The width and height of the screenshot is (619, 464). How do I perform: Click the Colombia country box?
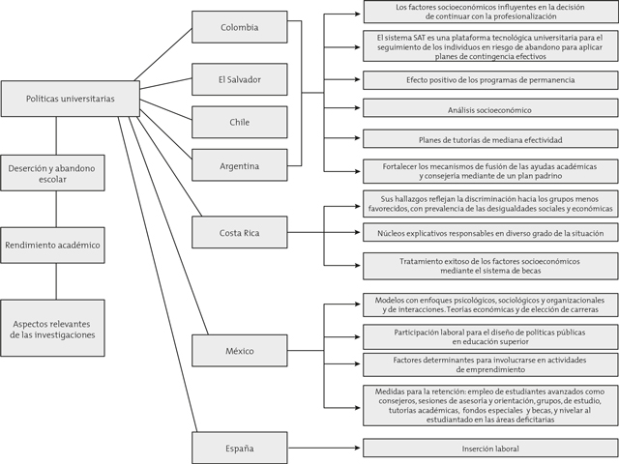point(239,27)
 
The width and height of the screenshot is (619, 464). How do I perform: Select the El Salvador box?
point(239,77)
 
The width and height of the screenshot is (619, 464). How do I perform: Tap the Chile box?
point(239,122)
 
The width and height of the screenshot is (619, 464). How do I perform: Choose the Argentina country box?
point(239,166)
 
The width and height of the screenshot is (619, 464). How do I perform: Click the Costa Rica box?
point(239,233)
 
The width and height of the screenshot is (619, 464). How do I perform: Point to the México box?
point(239,350)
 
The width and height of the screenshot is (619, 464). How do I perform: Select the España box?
point(239,449)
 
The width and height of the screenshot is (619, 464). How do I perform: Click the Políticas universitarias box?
point(55,99)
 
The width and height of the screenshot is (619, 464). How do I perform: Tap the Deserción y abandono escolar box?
point(55,174)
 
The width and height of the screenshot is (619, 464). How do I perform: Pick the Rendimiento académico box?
point(55,245)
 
